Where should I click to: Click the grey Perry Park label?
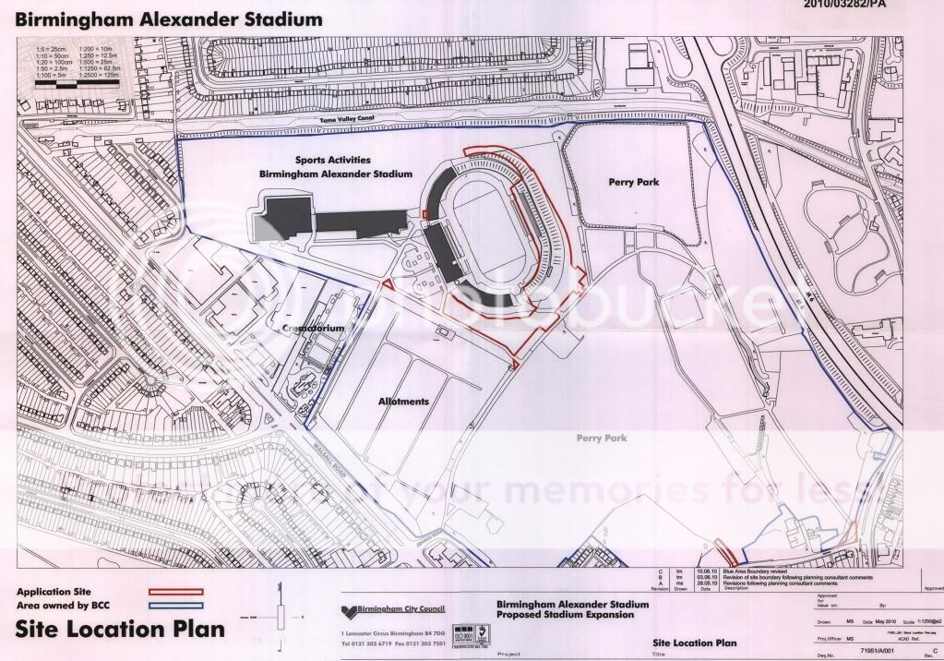tap(602, 438)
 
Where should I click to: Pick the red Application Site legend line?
tap(175, 589)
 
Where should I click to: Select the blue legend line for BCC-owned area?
tap(175, 604)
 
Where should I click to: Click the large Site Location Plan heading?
tap(121, 630)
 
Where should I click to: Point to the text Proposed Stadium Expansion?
tap(566, 614)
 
